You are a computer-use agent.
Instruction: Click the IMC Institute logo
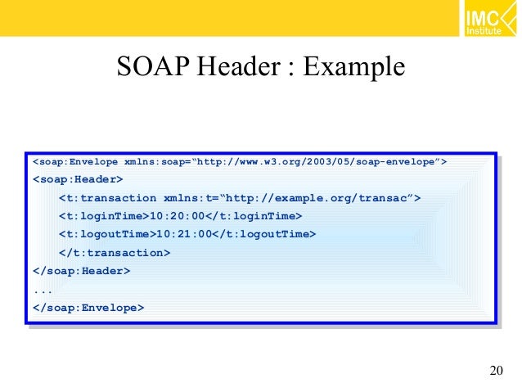(x=488, y=20)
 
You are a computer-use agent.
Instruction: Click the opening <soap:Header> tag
(x=78, y=178)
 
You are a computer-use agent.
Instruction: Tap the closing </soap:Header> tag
(x=81, y=271)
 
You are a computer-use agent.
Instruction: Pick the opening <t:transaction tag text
(x=107, y=198)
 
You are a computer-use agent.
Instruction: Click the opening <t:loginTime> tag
(x=104, y=216)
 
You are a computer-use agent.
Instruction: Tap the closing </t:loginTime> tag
(x=254, y=216)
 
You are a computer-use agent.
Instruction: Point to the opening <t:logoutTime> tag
(x=107, y=234)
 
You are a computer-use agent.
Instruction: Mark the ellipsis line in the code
(x=43, y=289)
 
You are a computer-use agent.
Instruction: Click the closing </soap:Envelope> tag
(x=88, y=308)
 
